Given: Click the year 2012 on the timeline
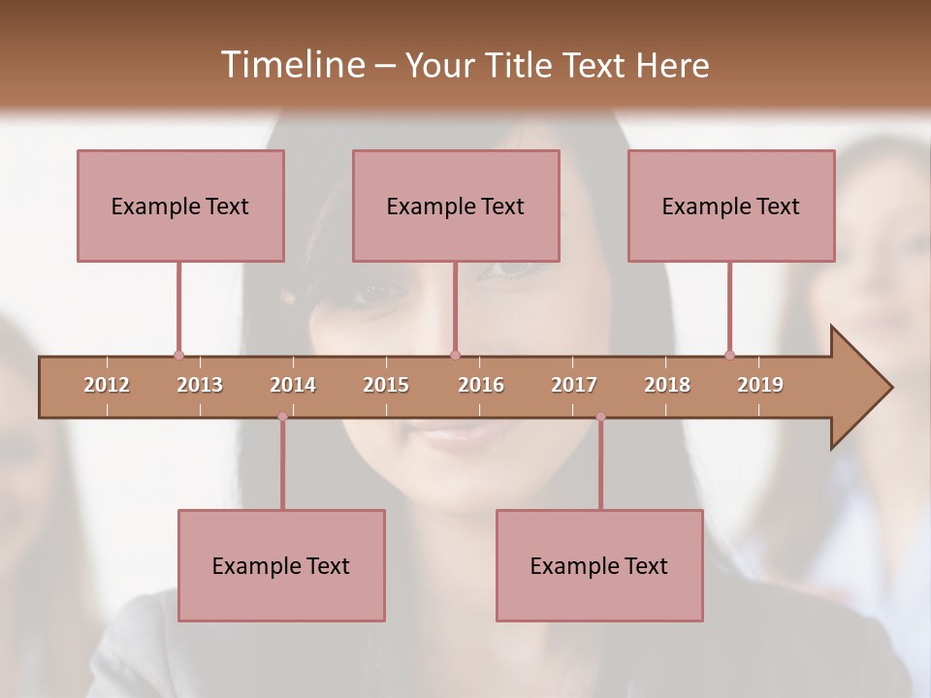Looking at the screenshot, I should coord(107,385).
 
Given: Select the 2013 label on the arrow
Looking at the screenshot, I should coord(200,385).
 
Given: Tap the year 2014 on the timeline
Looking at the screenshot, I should coord(293,385).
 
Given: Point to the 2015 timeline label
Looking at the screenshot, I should coord(386,385).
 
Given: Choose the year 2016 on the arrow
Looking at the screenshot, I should coord(481,385).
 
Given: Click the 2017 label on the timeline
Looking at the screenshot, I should coord(574,385).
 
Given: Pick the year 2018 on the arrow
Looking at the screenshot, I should coord(667,385).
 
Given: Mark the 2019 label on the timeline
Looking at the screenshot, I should coord(760,385).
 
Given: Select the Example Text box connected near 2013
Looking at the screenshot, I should coord(180,206).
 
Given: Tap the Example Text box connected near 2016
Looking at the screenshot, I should coord(456,206).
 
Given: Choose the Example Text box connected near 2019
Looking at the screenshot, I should coord(731,206).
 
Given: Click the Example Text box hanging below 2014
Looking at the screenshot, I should coord(281,565).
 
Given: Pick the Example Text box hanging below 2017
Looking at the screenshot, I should coord(599,565).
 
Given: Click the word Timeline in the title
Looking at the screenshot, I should coord(291,65).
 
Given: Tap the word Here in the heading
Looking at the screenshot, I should coord(672,66).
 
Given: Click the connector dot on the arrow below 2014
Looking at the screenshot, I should coord(282,417).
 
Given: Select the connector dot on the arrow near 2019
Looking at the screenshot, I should coord(729,355).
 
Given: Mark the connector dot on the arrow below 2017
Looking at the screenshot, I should coord(600,417).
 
